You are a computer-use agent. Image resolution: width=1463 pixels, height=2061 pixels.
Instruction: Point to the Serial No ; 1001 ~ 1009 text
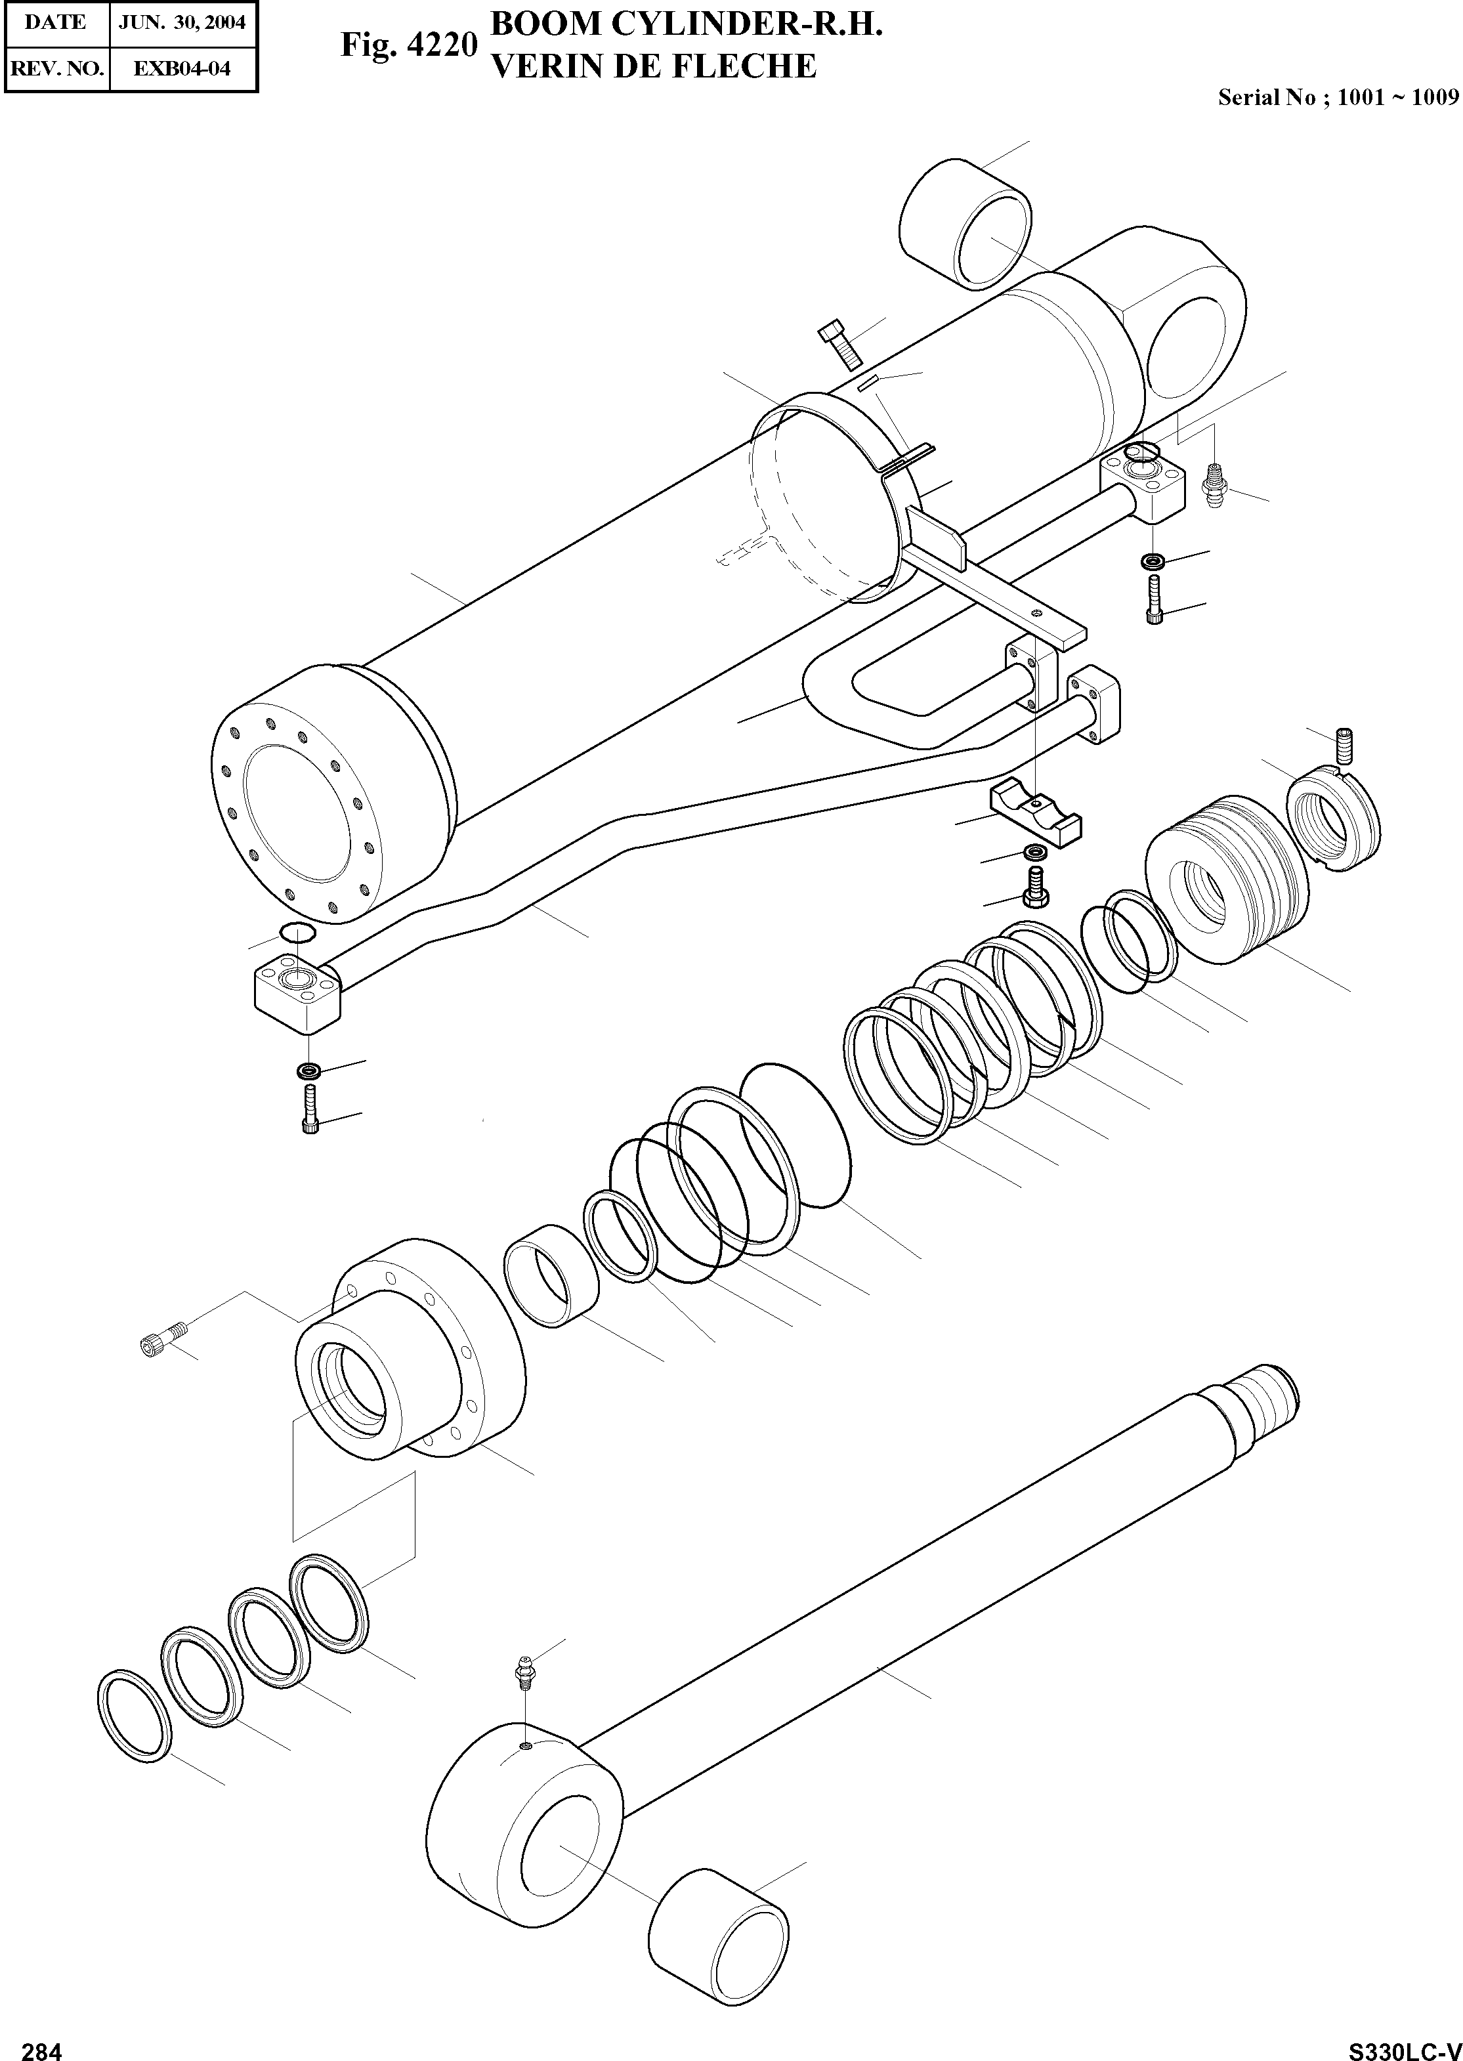pos(1337,97)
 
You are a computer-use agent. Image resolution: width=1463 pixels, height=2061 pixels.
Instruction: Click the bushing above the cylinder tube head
pos(965,225)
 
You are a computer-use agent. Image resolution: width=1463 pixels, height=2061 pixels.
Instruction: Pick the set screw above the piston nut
pos(1343,745)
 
